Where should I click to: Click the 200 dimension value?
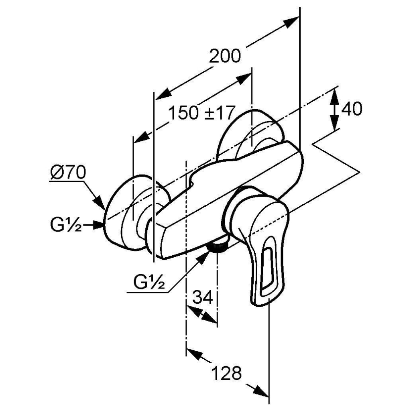click(x=225, y=57)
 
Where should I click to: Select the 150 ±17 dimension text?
click(x=200, y=113)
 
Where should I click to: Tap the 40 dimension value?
click(x=351, y=109)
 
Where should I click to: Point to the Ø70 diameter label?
click(x=69, y=173)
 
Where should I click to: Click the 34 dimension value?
click(x=203, y=297)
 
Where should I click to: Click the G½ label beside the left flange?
click(x=67, y=226)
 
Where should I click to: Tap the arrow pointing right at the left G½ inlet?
click(x=98, y=225)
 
